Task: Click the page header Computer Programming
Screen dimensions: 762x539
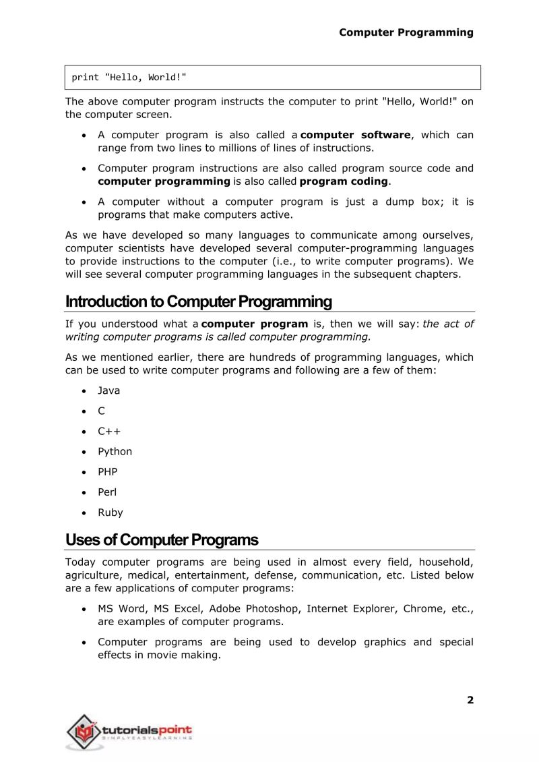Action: pyautogui.click(x=406, y=32)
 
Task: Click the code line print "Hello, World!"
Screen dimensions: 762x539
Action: pyautogui.click(x=129, y=77)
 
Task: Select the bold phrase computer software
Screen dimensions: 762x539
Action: pyautogui.click(x=355, y=135)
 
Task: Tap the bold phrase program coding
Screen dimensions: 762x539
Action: pyautogui.click(x=344, y=181)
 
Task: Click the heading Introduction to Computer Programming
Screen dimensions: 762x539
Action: pyautogui.click(x=199, y=301)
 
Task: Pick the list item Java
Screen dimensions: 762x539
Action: pyautogui.click(x=108, y=390)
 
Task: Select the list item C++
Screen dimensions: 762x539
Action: pyautogui.click(x=109, y=431)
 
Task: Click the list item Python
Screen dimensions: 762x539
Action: pyautogui.click(x=115, y=451)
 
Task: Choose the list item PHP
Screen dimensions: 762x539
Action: pyautogui.click(x=107, y=471)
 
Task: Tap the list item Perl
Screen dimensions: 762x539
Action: pyautogui.click(x=107, y=492)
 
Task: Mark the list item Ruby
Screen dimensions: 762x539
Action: pyautogui.click(x=110, y=512)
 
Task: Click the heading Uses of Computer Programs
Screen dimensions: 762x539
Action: pyautogui.click(x=162, y=540)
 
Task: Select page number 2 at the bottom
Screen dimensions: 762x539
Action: pyautogui.click(x=470, y=700)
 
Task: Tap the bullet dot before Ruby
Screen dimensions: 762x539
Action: pyautogui.click(x=83, y=512)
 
